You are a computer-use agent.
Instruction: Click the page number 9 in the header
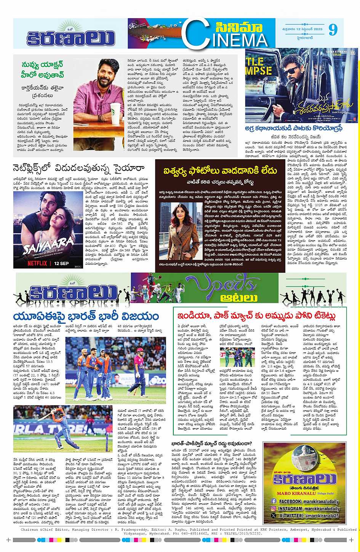click(333, 29)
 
